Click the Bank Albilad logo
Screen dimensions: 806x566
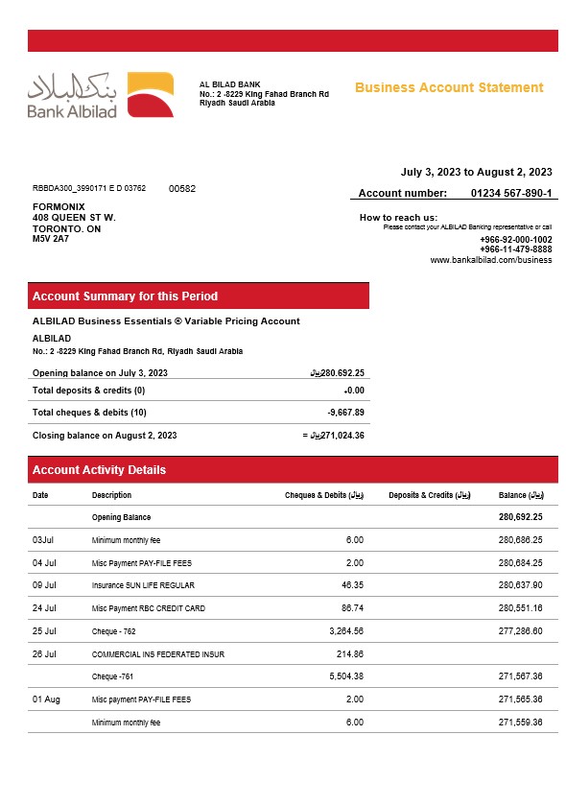pos(100,95)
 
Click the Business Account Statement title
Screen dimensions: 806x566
pos(449,87)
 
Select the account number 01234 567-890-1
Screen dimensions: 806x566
pos(511,193)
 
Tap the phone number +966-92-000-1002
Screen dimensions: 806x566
pos(516,239)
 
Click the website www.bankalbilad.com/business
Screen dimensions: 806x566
pos(491,260)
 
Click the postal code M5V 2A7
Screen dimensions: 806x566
pos(51,238)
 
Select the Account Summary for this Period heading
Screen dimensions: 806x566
pos(125,296)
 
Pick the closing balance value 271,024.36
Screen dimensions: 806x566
pos(337,436)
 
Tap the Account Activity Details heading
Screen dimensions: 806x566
pos(99,470)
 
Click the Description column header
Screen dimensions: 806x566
pos(112,495)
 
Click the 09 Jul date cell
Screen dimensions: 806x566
pos(44,585)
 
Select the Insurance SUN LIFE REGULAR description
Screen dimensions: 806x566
pos(143,585)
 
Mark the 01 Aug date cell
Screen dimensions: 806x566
pos(46,699)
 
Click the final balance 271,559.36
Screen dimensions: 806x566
pos(521,722)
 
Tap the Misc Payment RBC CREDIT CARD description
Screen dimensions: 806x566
pos(149,608)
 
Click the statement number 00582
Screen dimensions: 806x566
pos(182,189)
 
